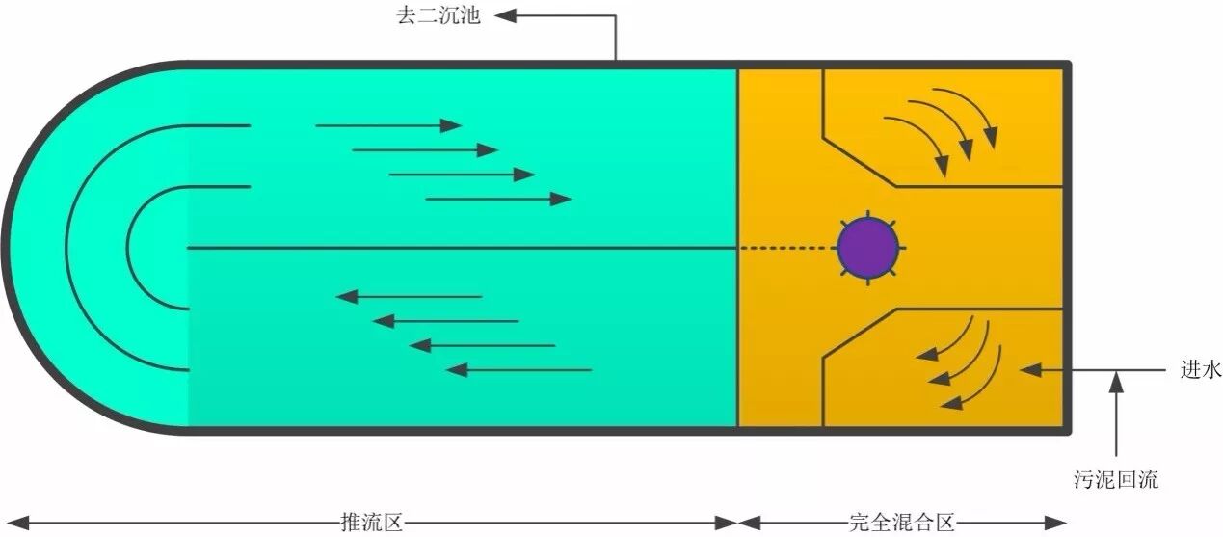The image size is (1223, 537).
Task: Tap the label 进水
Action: click(1199, 369)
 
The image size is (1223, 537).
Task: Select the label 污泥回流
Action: click(1116, 479)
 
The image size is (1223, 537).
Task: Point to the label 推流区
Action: click(371, 523)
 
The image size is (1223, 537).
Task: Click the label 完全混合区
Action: click(901, 523)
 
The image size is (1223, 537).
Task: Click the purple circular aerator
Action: click(867, 248)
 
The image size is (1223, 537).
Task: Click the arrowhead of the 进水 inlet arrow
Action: click(1029, 369)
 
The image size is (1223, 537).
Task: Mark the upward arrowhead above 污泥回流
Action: click(1116, 381)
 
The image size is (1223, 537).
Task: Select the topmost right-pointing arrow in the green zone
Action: click(388, 125)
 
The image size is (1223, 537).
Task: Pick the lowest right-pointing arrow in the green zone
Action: click(498, 199)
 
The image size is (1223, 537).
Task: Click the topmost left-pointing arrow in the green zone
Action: click(409, 296)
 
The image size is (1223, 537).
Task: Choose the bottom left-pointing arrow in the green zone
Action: click(518, 369)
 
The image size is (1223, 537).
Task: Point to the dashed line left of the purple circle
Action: click(786, 248)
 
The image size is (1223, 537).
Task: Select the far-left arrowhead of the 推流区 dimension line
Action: click(12, 523)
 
